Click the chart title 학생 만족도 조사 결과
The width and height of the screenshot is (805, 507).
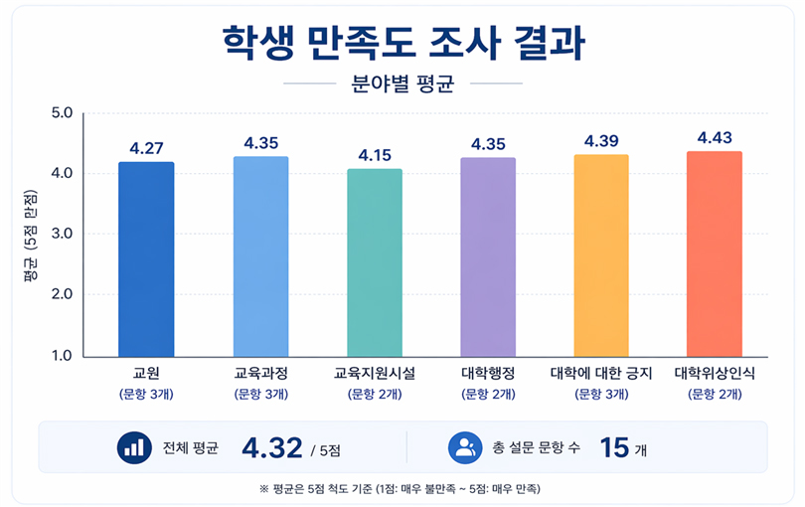coord(402,42)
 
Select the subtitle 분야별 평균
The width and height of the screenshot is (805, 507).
coord(402,84)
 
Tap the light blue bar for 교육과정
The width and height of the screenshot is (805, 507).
coord(260,256)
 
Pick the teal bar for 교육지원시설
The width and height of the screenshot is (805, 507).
coord(375,262)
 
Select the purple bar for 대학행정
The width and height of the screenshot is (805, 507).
coord(488,256)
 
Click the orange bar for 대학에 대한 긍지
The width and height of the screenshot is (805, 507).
coord(601,255)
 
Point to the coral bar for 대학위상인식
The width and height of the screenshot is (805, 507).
coord(715,253)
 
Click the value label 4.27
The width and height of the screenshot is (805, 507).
coord(146,149)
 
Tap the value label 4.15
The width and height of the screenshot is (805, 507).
coord(375,156)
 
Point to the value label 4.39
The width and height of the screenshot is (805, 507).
coord(601,141)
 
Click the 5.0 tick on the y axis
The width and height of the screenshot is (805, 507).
coord(63,112)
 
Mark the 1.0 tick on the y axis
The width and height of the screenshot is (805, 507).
coord(63,356)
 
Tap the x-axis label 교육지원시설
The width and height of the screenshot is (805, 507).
coord(375,375)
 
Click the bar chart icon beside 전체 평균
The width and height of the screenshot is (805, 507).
coord(131,447)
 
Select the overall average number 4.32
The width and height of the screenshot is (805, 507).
coord(271,447)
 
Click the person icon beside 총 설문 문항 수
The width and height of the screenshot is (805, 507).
coord(464,447)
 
